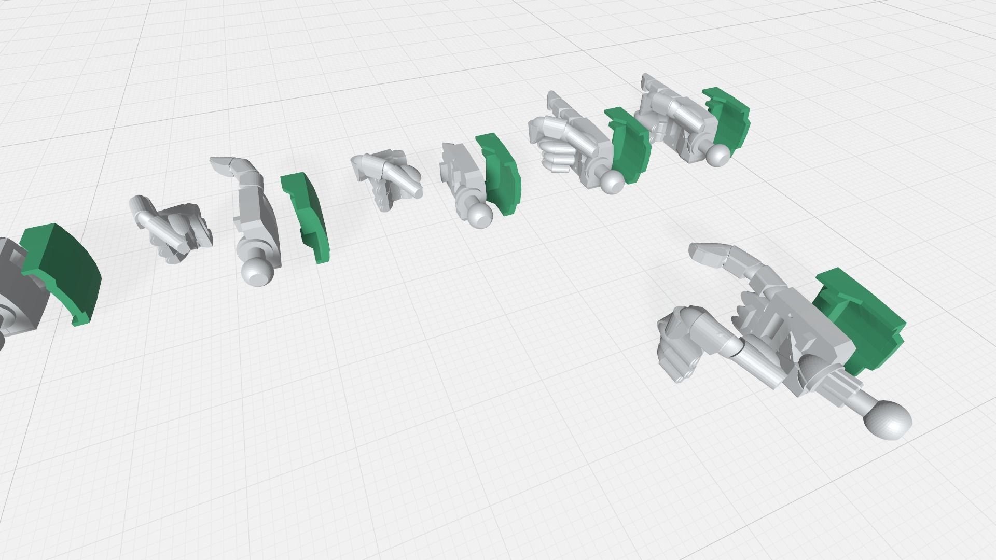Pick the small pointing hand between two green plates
pos(386,176)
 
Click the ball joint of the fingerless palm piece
pos(480,214)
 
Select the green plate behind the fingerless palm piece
pos(501,174)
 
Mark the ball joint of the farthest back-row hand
pos(718,155)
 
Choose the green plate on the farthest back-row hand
pos(729,119)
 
